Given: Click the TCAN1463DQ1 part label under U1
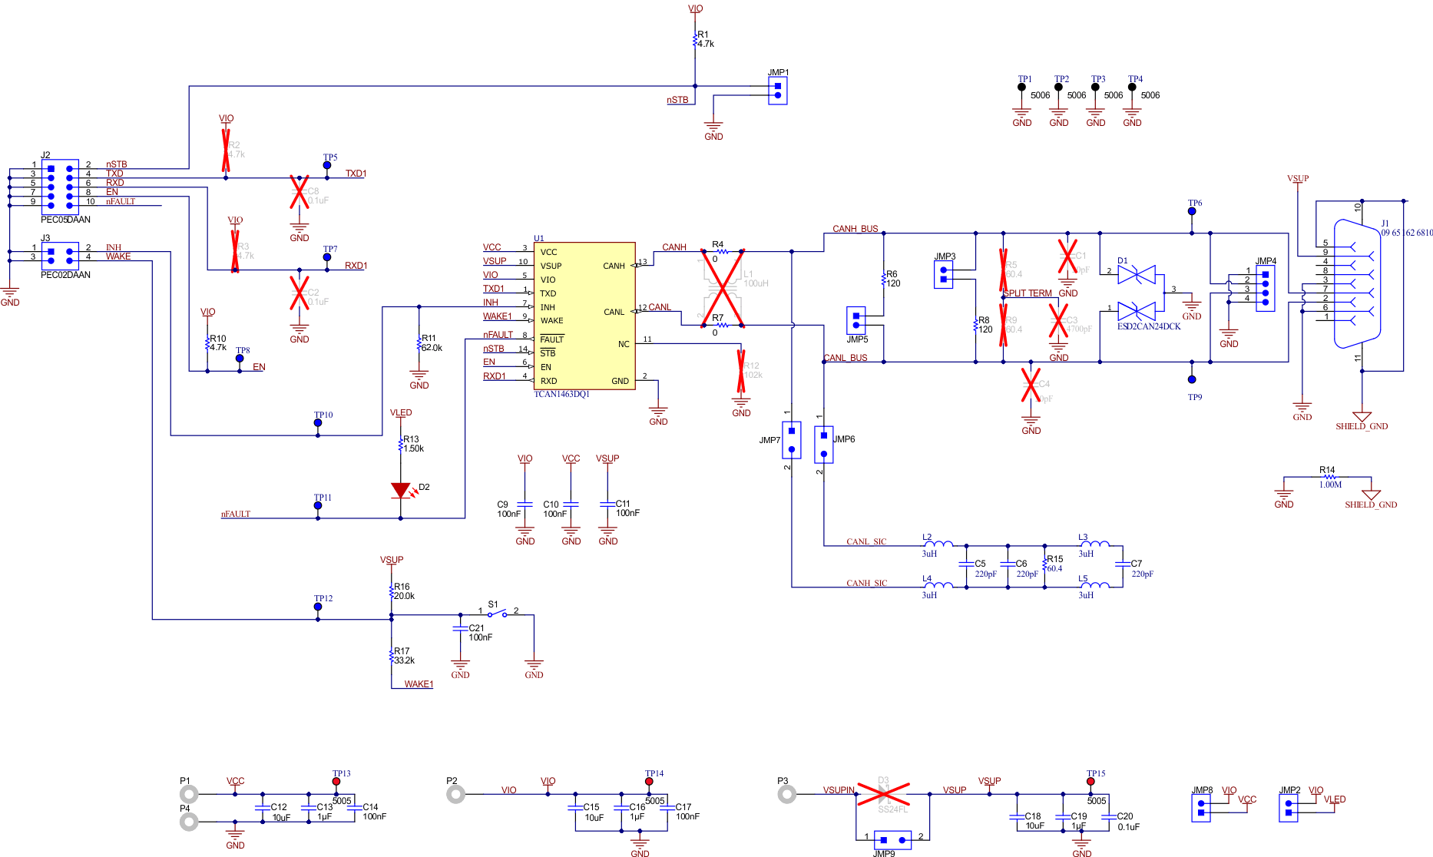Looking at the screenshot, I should [x=561, y=394].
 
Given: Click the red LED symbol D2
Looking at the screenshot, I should [x=401, y=490].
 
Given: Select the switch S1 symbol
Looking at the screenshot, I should [x=498, y=614].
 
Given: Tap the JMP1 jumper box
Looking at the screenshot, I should [x=778, y=91].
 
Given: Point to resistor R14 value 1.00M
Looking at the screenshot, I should [x=1330, y=485].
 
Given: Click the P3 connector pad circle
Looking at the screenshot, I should [x=787, y=794].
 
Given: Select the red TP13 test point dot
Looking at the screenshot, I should [x=336, y=781].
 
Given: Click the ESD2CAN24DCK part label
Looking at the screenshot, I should [x=1148, y=326].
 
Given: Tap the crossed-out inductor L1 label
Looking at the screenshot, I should [x=755, y=279].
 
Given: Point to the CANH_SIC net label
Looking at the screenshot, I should [x=866, y=583].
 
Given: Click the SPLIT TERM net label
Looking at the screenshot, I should [x=1028, y=293].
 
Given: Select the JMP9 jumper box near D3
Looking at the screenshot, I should [x=892, y=839].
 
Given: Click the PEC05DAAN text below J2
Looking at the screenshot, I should [x=65, y=220].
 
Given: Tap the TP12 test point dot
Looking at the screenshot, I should [x=318, y=607].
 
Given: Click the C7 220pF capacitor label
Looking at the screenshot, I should [x=1141, y=568].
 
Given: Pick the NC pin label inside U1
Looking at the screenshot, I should [x=624, y=344].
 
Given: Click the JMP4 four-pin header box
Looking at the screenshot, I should [x=1265, y=288].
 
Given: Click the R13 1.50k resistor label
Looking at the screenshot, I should [x=413, y=444].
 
